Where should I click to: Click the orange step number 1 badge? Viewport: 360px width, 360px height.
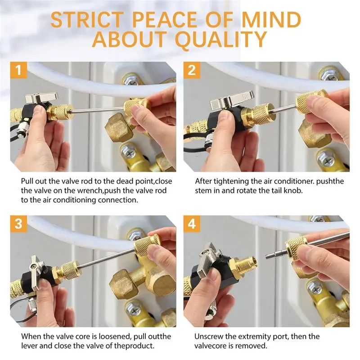click(18, 70)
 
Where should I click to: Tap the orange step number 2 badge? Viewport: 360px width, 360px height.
click(192, 70)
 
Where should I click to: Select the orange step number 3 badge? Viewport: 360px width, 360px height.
click(18, 224)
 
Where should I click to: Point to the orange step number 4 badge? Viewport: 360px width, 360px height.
click(192, 224)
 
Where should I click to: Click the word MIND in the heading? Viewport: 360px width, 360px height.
click(271, 20)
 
